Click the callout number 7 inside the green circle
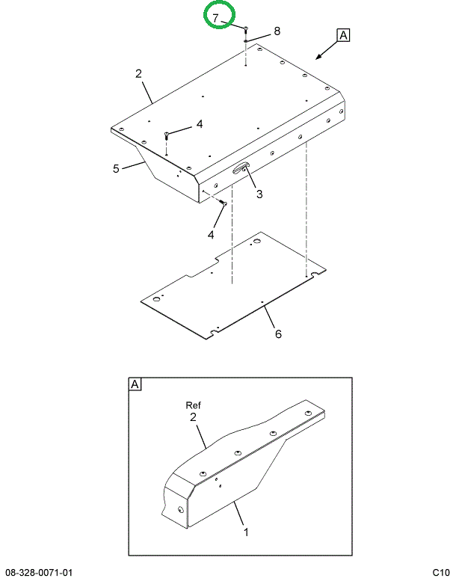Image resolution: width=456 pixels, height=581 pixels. pos(215,17)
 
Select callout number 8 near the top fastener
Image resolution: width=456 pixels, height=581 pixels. pos(277,31)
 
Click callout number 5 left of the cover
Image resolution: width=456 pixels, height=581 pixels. pos(116,168)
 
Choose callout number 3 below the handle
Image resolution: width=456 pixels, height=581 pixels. pos(259,194)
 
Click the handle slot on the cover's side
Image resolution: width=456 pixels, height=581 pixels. pos(241,170)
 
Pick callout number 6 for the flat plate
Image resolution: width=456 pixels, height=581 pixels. pos(278,334)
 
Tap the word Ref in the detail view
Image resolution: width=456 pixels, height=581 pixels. pos(194,405)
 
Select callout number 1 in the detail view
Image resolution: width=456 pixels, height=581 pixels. pos(245,532)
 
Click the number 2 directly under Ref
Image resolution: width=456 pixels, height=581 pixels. pos(193,417)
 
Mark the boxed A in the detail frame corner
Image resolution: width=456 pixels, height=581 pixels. pos(135,384)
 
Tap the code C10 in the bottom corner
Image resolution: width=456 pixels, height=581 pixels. pos(440,573)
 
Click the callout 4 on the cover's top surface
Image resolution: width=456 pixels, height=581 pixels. pos(199,125)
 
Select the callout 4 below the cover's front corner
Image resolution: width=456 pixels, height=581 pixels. pos(210,235)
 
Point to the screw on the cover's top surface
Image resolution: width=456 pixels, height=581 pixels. pos(166,135)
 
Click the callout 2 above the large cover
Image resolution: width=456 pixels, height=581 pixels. pos(139,73)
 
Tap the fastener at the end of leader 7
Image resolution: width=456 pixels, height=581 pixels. pos(245,29)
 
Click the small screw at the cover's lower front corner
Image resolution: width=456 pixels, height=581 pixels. pos(224,203)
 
